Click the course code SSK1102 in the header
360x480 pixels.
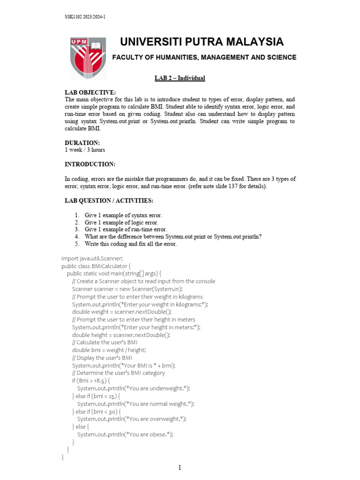tap(75, 17)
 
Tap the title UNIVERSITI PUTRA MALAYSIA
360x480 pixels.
tap(202, 42)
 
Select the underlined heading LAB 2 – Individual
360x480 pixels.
tap(180, 78)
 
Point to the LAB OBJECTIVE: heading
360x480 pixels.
tap(90, 93)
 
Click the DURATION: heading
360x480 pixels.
tap(82, 142)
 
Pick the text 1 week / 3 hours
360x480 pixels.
tap(85, 150)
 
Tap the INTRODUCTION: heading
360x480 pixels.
tap(90, 164)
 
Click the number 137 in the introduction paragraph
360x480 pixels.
tap(233, 187)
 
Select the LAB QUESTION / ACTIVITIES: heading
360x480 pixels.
tap(109, 201)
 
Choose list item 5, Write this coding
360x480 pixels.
tap(131, 244)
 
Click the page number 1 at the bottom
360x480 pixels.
tap(180, 467)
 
